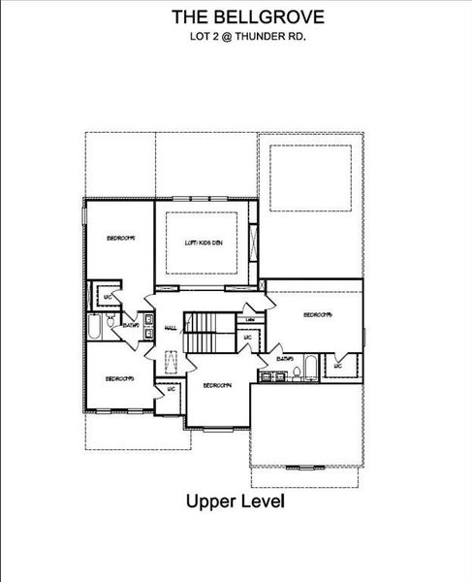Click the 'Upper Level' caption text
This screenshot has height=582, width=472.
236,502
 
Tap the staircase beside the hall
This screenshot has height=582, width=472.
210,333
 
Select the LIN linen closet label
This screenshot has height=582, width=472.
249,319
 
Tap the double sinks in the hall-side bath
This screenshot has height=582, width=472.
148,328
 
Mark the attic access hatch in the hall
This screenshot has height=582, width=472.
172,362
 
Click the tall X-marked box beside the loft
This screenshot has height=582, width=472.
253,241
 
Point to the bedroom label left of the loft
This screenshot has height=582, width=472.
119,237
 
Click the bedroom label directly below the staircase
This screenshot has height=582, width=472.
216,385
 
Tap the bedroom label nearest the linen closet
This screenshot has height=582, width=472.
317,314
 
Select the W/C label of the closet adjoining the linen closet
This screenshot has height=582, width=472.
248,339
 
